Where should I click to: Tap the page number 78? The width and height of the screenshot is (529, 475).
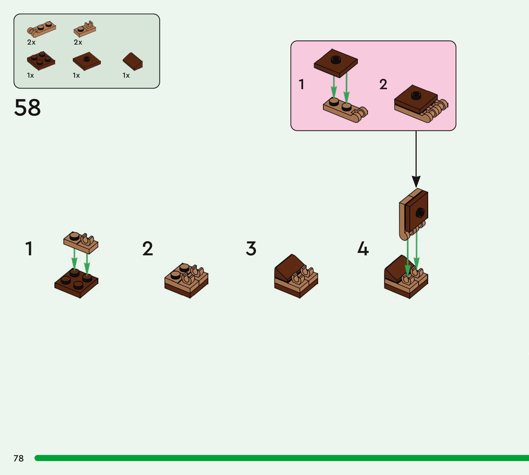19,458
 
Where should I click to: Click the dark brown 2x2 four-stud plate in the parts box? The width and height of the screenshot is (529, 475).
41,60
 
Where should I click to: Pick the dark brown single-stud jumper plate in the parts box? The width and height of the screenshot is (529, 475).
87,61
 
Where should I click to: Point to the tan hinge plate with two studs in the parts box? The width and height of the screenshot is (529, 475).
42,28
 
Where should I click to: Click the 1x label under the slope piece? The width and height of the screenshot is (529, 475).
126,75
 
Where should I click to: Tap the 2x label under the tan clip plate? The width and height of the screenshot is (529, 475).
78,42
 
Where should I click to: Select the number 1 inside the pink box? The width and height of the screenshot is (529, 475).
302,84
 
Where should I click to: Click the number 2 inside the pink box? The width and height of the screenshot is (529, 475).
383,84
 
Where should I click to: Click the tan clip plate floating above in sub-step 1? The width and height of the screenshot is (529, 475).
81,242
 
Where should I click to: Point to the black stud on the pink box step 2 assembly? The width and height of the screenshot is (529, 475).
416,95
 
